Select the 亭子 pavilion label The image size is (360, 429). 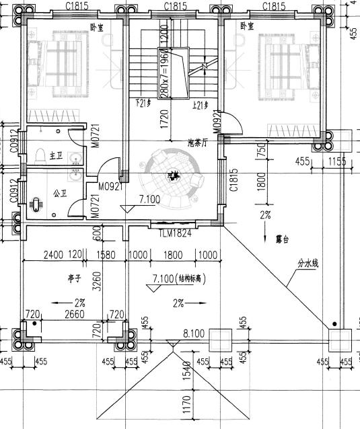click(x=65, y=277)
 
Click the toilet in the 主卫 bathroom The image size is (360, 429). click(x=39, y=155)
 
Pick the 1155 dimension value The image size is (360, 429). click(x=338, y=161)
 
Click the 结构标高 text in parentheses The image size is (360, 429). click(x=192, y=278)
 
